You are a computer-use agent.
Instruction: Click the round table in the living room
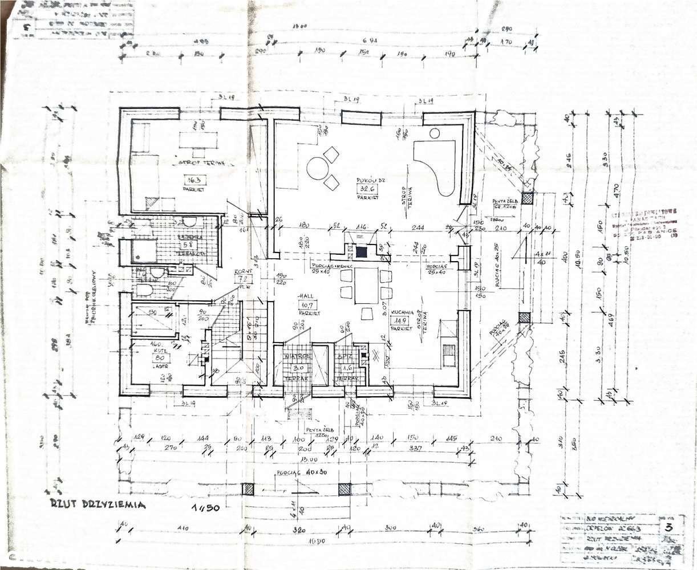click(318, 169)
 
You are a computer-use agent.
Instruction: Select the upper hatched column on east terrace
click(528, 198)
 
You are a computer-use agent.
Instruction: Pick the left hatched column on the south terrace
click(248, 489)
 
